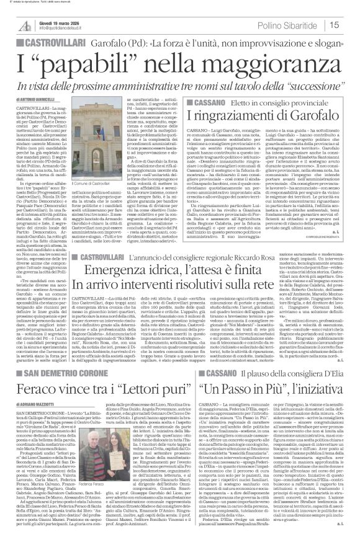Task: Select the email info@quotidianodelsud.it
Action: [x=60, y=27]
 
